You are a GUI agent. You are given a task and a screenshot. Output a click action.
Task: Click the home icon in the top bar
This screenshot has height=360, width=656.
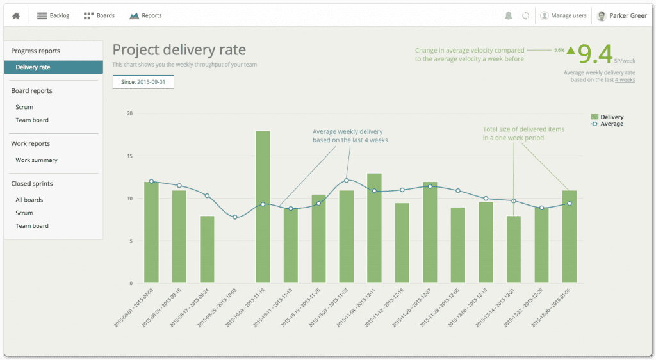(x=16, y=15)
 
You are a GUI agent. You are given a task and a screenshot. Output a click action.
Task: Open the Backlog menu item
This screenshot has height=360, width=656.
(x=54, y=15)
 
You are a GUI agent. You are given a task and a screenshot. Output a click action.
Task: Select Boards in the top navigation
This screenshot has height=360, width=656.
(x=99, y=15)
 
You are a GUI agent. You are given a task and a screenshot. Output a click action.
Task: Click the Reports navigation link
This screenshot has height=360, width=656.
(x=145, y=15)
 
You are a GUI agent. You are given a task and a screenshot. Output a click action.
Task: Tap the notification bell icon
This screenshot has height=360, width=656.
(x=509, y=15)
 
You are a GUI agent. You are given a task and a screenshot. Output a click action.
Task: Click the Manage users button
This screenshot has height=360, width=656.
(x=563, y=15)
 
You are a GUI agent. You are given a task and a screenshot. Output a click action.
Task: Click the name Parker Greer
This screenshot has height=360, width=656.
(x=627, y=15)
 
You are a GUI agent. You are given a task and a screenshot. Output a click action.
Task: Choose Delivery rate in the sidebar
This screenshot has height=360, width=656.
(x=33, y=67)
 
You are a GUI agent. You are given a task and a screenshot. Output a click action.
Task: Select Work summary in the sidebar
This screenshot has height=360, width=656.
(x=37, y=160)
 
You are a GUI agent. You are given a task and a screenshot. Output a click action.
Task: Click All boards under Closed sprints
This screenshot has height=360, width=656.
(x=29, y=200)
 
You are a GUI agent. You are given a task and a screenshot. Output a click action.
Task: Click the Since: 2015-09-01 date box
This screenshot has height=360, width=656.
(x=143, y=83)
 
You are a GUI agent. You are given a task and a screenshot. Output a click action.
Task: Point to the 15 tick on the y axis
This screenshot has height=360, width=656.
(x=129, y=156)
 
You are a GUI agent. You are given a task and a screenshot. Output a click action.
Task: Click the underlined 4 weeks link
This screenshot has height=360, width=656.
(x=625, y=80)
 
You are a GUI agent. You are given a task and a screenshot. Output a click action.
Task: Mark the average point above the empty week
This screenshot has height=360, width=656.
(x=235, y=217)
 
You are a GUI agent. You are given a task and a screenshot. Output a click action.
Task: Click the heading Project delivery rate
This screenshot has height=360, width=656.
(x=179, y=50)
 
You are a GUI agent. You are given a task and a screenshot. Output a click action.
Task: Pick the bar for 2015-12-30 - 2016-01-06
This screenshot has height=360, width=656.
(x=570, y=236)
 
